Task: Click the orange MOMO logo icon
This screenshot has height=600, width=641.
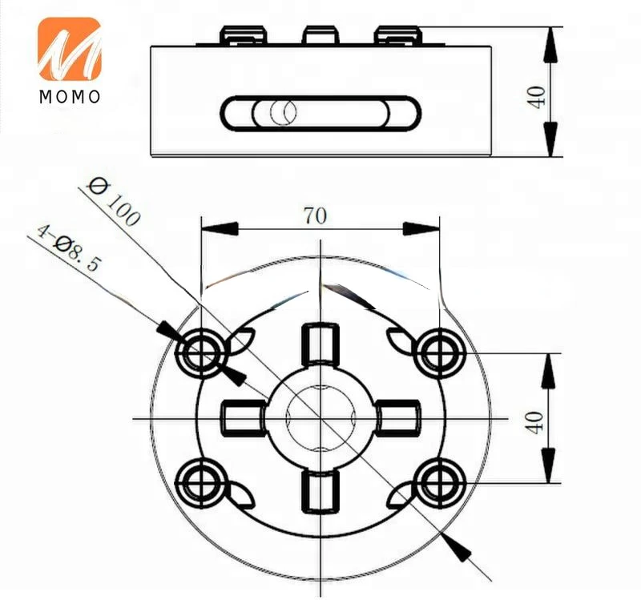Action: click(x=69, y=49)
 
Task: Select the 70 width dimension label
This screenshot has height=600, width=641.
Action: click(x=315, y=215)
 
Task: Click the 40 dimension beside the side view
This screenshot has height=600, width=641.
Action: click(x=537, y=96)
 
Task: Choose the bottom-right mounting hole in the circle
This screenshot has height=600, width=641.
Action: click(x=440, y=481)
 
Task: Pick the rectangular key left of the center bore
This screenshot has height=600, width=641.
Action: click(x=242, y=417)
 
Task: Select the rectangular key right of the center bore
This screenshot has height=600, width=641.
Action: click(x=397, y=417)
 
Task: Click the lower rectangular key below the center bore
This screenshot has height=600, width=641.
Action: click(x=320, y=491)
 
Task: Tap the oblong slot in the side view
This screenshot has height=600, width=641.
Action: click(x=320, y=113)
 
